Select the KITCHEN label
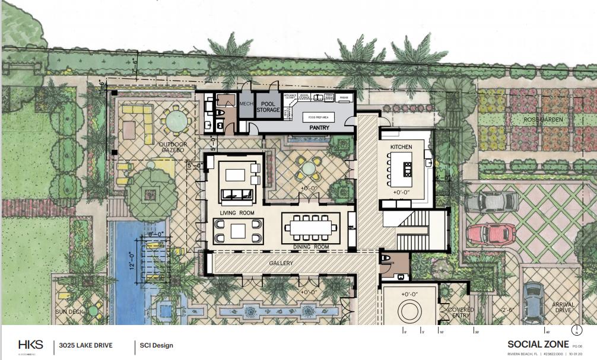(x=401, y=146)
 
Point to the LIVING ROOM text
(x=237, y=212)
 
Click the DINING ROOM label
(x=311, y=246)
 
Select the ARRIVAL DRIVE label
(x=563, y=308)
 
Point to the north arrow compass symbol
(x=574, y=330)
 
